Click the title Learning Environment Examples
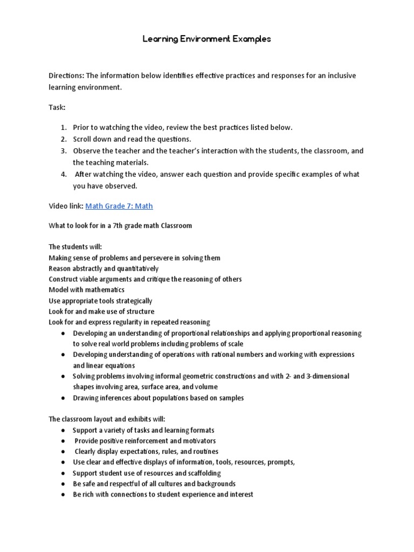207,39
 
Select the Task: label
57,108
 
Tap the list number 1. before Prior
63,127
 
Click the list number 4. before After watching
63,174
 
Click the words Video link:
66,206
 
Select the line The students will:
75,247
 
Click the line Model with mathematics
86,290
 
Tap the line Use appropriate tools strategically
100,301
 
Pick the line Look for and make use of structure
101,312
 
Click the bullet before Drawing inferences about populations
63,398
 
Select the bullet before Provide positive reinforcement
63,440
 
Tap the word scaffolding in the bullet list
202,473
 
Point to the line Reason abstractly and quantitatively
103,268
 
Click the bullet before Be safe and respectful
63,484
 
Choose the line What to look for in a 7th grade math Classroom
120,225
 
